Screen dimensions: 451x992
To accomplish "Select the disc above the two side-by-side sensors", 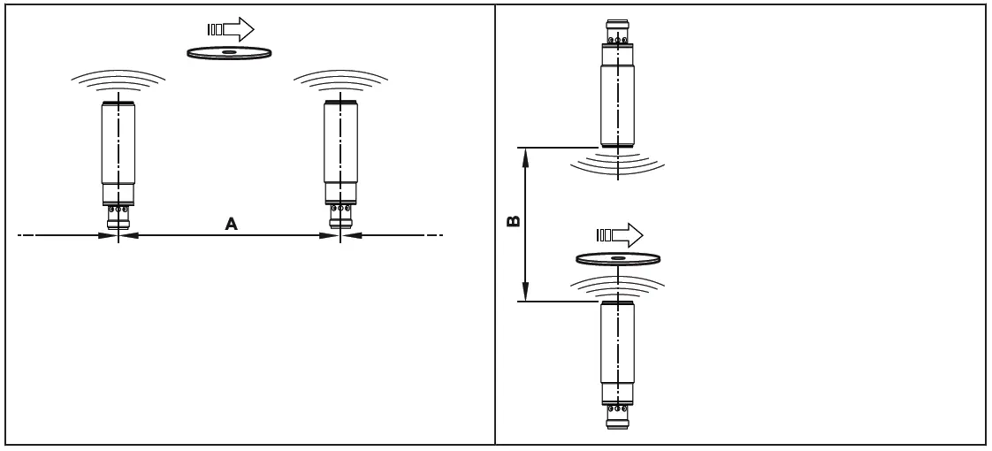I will tap(229, 53).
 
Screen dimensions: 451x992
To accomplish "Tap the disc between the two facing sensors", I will tap(618, 258).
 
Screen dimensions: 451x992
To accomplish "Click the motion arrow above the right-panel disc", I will tap(619, 235).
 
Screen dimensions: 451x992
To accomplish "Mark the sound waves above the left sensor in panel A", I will tap(118, 84).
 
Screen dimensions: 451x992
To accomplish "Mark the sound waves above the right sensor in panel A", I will tap(340, 84).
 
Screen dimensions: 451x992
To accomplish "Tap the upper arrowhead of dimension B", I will tap(526, 157).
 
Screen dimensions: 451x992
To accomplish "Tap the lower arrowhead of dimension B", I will tap(526, 293).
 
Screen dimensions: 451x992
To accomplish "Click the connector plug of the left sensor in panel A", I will tap(118, 216).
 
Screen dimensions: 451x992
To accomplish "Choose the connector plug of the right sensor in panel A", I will tap(340, 216).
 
